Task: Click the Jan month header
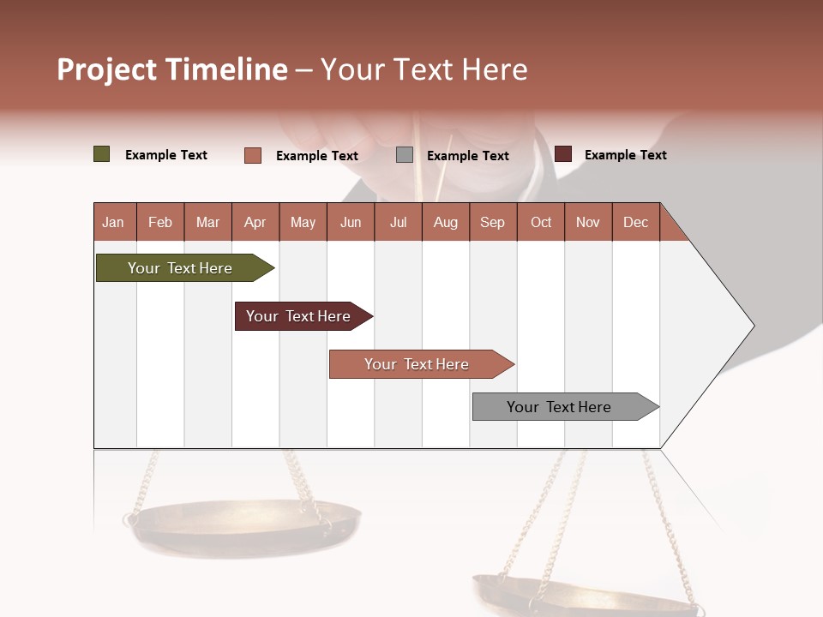coord(113,222)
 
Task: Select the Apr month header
coord(255,222)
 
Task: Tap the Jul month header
coord(398,222)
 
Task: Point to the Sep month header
coord(492,222)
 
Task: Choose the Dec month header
coord(635,222)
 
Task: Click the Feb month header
coord(160,222)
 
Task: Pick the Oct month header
coord(541,222)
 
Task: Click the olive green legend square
coord(102,154)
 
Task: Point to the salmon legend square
coord(253,155)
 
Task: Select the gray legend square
coord(405,155)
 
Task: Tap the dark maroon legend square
coord(563,154)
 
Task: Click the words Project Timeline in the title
coord(172,69)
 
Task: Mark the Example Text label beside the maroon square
coord(625,155)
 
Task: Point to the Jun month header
coord(351,222)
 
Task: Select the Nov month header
coord(588,222)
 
